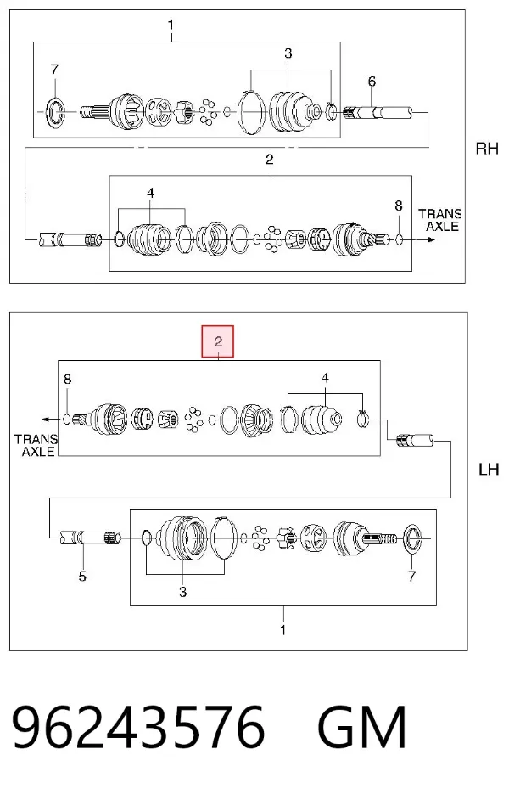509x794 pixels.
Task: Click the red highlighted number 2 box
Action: pos(217,341)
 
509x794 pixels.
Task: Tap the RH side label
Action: pos(487,149)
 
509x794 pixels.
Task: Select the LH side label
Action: pos(489,470)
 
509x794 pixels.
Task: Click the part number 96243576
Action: pos(138,727)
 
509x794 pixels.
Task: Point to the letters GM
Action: pos(362,727)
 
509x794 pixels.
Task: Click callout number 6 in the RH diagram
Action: pos(372,81)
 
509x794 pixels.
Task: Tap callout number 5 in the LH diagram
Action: pos(82,576)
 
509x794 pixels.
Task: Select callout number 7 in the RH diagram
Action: pos(54,69)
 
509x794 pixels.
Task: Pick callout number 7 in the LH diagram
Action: pos(411,576)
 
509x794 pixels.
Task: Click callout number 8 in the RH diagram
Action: pos(399,206)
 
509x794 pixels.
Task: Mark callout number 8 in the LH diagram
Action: pos(68,379)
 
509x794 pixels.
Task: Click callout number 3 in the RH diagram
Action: pos(288,53)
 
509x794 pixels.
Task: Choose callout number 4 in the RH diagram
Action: pos(150,193)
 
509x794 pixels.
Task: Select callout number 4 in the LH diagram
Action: pos(325,378)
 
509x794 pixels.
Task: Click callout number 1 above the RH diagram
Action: pos(171,25)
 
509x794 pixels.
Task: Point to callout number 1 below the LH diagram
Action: pos(282,630)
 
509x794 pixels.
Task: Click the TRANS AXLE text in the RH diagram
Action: pos(440,220)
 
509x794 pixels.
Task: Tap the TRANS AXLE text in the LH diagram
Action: pos(36,445)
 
